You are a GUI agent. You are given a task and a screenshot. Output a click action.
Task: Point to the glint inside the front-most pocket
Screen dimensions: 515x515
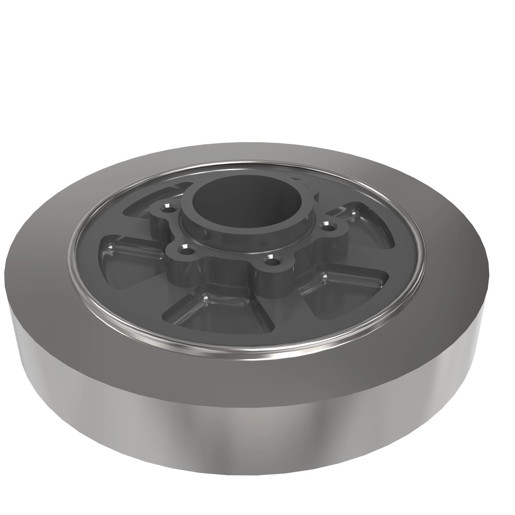pos(206,296)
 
